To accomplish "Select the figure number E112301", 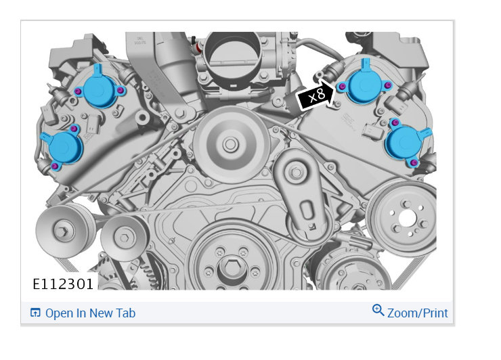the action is pyautogui.click(x=63, y=284).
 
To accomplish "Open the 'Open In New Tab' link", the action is pyautogui.click(x=91, y=313).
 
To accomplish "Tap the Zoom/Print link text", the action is pyautogui.click(x=417, y=313).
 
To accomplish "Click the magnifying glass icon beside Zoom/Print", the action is pyautogui.click(x=378, y=310).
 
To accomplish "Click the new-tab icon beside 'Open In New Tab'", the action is pyautogui.click(x=35, y=313).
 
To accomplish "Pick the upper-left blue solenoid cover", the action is pyautogui.click(x=100, y=88).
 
